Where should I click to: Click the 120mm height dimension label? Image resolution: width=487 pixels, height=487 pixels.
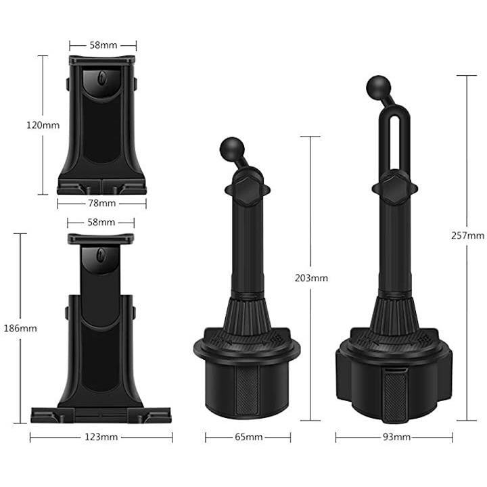click(43, 126)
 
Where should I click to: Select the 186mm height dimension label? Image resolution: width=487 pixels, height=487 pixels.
click(20, 328)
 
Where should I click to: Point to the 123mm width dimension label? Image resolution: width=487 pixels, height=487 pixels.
click(101, 438)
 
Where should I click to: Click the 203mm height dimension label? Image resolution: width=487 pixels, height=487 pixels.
click(311, 278)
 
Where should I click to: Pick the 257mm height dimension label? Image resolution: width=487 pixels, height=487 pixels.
click(468, 236)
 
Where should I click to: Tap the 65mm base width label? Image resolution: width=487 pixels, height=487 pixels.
click(248, 438)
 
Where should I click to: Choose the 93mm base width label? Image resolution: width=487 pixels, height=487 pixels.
click(396, 438)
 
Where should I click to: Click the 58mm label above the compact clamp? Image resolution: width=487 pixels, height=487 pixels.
click(103, 45)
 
